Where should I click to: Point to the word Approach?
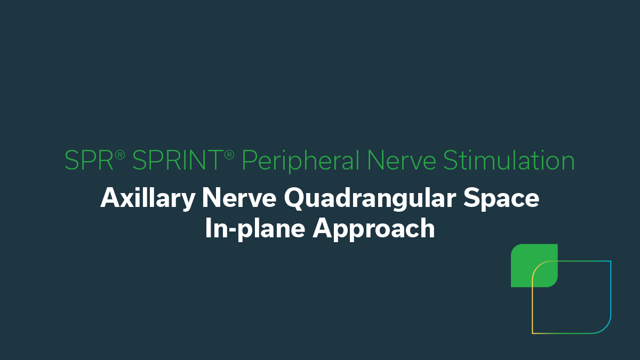(x=374, y=229)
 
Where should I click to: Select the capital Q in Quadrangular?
(x=294, y=199)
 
